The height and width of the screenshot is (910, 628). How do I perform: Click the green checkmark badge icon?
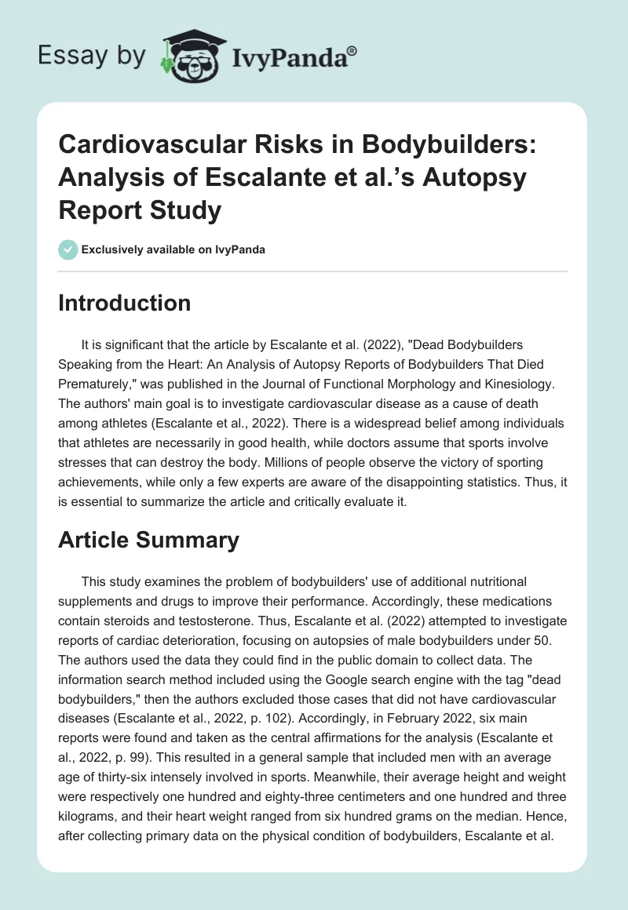68,249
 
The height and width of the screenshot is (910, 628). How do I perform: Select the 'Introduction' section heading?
124,304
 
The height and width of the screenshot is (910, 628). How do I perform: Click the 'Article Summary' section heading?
148,540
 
